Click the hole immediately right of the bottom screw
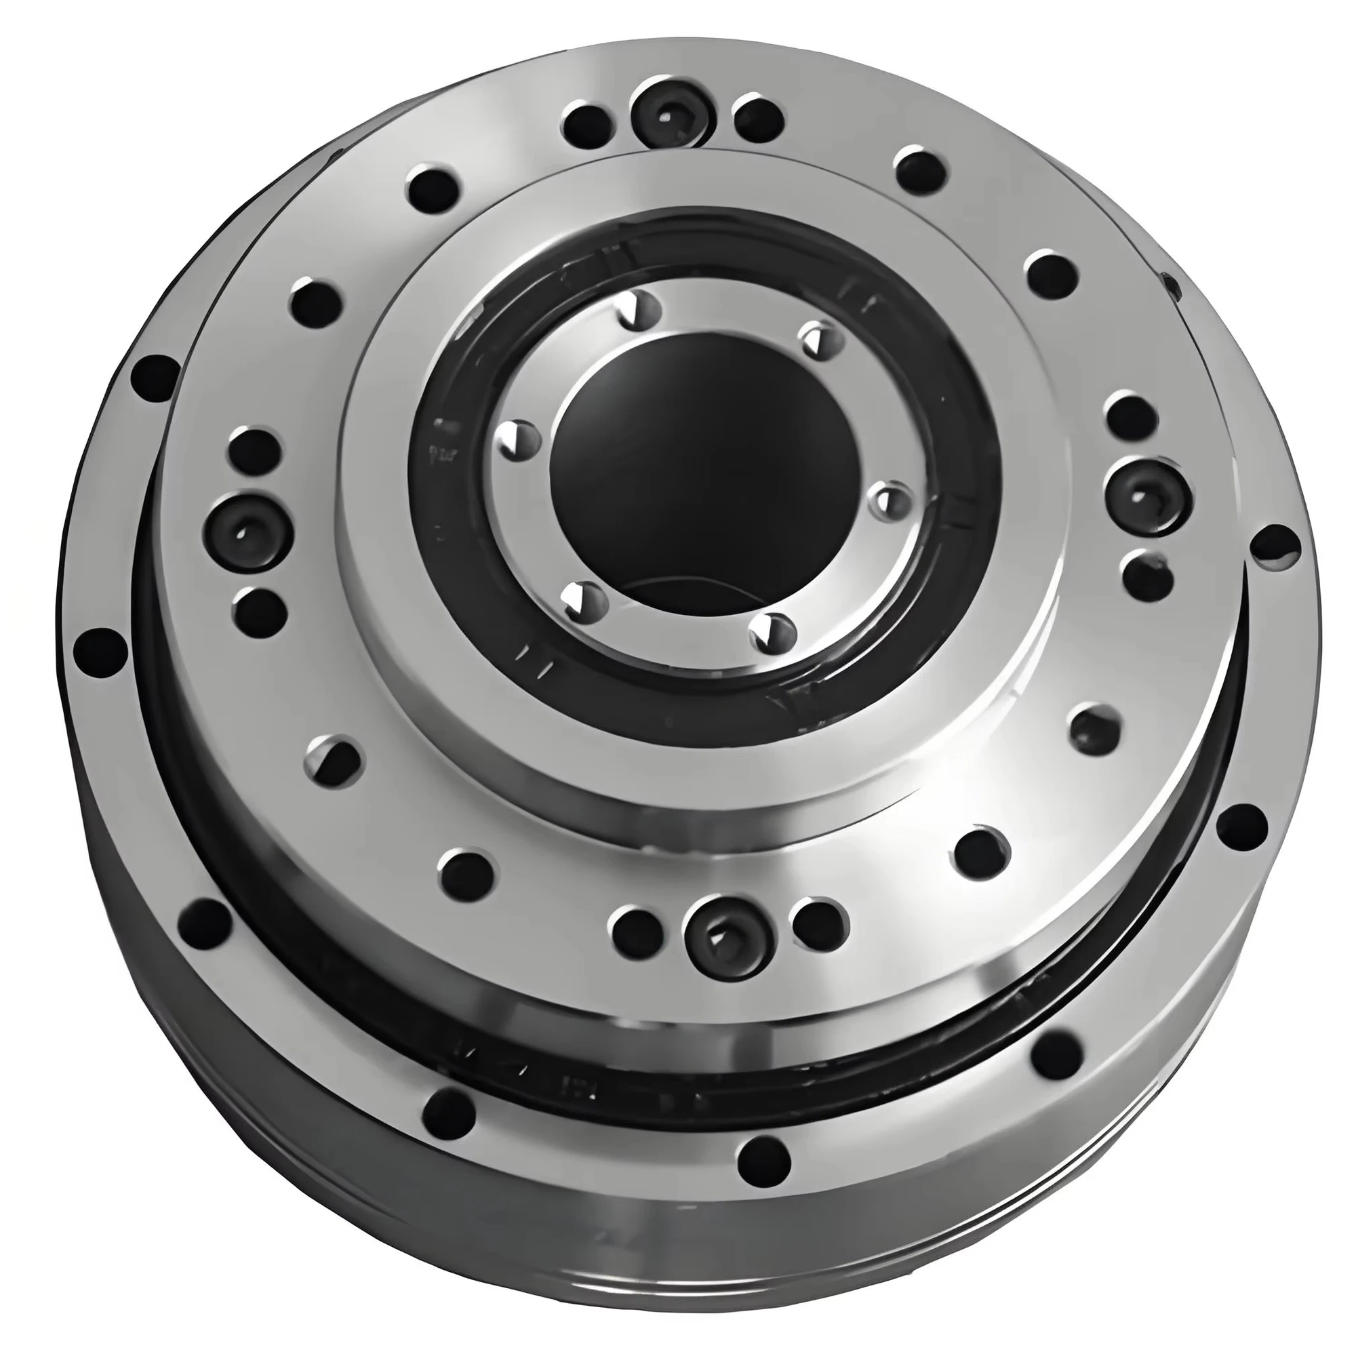[818, 923]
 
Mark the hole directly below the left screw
[260, 610]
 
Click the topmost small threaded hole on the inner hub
[639, 308]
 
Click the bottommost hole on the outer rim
[763, 1155]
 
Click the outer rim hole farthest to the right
[1275, 546]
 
